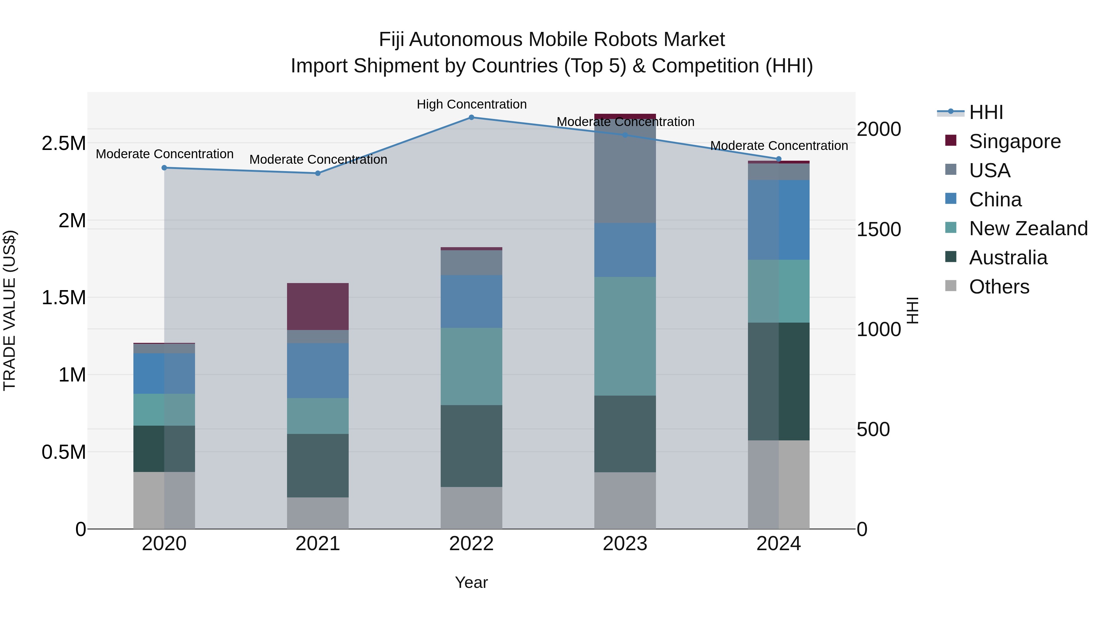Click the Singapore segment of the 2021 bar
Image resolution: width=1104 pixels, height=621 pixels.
pos(318,306)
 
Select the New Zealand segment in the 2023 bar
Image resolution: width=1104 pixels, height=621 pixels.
pos(625,336)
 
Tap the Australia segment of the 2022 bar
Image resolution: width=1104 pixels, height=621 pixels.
pos(471,446)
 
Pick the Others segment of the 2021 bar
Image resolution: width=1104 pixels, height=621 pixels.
pos(318,513)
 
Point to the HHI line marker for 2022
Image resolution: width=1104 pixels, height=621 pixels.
pos(471,117)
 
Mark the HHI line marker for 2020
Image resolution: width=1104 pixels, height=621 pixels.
pos(164,168)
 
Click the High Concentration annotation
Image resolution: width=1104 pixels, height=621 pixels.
pos(471,105)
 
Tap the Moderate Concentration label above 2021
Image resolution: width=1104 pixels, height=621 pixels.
pos(318,159)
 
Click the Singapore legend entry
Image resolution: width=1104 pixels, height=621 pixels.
pos(1014,141)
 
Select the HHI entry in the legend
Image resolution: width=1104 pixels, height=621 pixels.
pos(986,112)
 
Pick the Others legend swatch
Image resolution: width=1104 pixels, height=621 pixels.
pos(951,286)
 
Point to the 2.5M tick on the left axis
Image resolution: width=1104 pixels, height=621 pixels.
pos(63,144)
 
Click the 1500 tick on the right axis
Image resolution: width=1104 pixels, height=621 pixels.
pos(879,229)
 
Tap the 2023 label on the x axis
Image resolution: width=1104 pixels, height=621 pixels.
pos(625,544)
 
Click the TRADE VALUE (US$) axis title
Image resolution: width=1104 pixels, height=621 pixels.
pos(10,310)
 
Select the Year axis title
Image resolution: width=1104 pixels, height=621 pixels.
pos(471,582)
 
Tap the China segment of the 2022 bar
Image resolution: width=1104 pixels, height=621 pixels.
pos(471,301)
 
